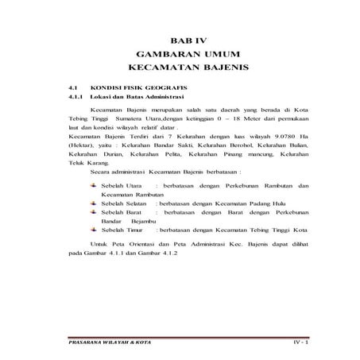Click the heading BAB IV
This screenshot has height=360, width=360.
[x=188, y=40]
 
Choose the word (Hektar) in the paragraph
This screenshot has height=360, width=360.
[x=80, y=146]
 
